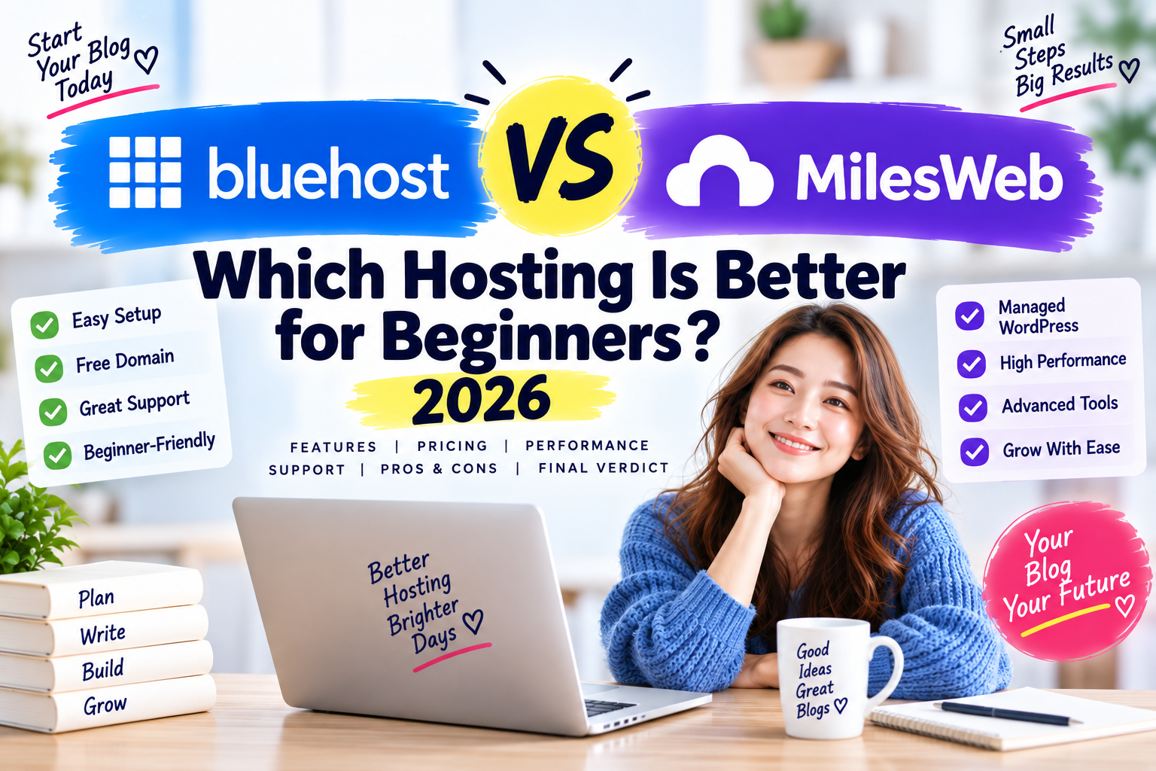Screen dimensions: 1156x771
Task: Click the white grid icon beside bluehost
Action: tap(145, 172)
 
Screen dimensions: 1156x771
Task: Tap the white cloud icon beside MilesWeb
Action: tap(719, 171)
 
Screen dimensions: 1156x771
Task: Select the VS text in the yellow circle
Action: tap(560, 157)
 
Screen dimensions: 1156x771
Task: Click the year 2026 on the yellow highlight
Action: tap(481, 399)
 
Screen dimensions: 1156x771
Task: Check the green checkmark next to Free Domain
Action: tap(48, 368)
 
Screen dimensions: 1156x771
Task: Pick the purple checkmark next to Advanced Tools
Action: tap(973, 407)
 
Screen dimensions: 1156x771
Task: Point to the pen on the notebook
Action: tap(1006, 712)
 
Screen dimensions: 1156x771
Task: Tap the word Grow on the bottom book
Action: tap(105, 705)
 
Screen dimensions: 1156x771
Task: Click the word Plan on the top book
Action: tap(96, 598)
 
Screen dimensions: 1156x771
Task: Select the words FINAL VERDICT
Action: tap(604, 468)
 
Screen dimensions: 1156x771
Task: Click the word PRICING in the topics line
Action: tap(452, 446)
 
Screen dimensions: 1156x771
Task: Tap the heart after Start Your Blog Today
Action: tap(146, 60)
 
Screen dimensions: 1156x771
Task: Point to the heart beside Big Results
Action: tap(1129, 70)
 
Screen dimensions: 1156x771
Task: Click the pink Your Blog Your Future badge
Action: tap(1066, 581)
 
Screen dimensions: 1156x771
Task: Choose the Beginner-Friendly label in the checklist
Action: tap(149, 446)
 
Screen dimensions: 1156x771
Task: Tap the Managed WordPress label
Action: tap(1038, 316)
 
